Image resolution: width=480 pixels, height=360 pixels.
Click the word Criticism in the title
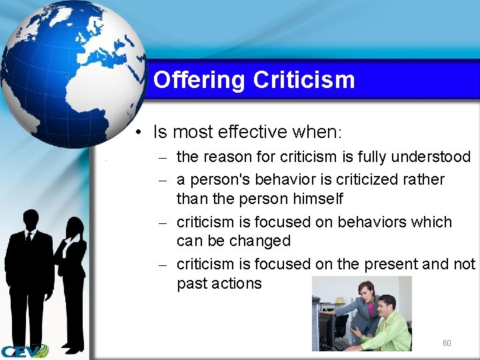click(x=304, y=80)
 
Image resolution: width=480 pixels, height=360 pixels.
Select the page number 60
click(x=447, y=343)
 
